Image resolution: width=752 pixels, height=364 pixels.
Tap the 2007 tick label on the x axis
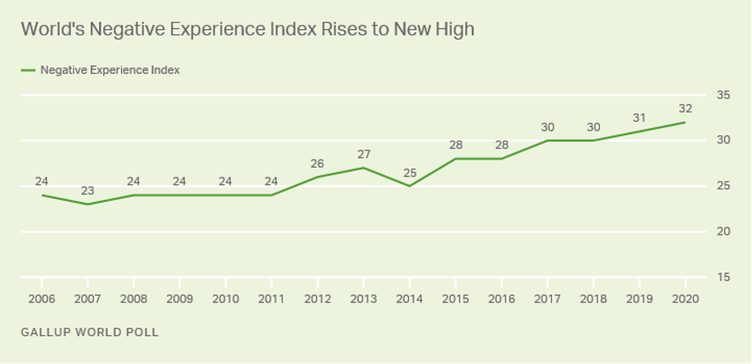87,298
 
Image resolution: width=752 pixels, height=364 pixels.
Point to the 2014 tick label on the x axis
410,298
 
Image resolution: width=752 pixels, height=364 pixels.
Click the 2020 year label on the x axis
685,298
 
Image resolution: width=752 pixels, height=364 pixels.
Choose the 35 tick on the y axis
723,95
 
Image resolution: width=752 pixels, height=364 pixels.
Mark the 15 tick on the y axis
723,277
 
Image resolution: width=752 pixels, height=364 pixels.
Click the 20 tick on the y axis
723,231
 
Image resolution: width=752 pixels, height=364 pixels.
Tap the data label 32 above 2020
685,109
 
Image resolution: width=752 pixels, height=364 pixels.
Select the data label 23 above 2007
87,190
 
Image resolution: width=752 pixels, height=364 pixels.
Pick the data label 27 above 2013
363,154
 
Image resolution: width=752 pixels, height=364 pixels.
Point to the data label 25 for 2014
410,172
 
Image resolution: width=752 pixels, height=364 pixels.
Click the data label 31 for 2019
639,118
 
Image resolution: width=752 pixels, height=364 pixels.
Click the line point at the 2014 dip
410,186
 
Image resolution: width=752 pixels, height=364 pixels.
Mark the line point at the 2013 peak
363,167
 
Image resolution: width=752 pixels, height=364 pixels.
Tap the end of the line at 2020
685,122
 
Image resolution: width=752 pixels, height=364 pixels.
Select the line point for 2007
87,204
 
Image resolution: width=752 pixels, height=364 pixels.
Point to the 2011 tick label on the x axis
272,298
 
